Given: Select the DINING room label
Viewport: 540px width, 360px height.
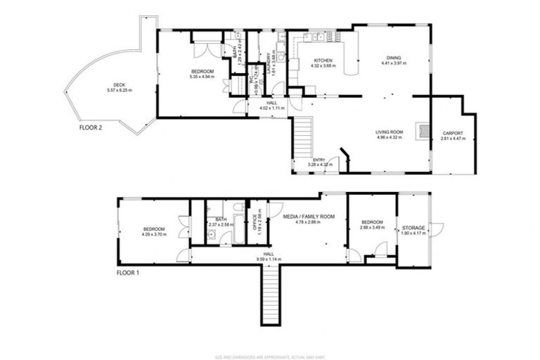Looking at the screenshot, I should coord(394,58).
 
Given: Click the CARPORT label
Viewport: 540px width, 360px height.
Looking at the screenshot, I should coord(453,133).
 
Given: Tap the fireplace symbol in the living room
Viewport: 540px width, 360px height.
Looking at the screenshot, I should coord(423,130).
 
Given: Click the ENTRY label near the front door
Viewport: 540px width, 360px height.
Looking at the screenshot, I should coord(320,160).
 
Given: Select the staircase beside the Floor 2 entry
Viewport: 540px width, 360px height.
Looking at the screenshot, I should coord(302,138).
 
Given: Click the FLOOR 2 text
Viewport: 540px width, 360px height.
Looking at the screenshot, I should coord(92,129).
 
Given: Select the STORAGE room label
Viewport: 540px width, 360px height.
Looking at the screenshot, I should coord(413,229).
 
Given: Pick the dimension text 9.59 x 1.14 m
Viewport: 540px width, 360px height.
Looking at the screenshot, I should coord(269,259).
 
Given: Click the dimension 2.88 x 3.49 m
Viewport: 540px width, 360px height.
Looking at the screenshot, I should coord(372,227).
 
